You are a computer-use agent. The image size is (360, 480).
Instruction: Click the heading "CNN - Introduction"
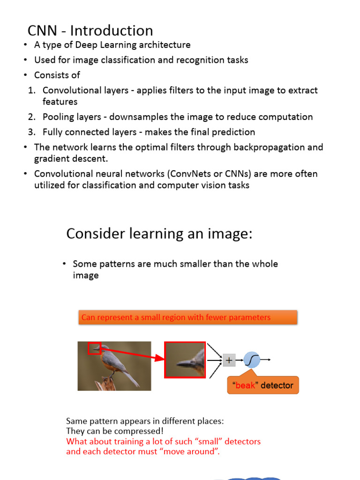[x=90, y=30]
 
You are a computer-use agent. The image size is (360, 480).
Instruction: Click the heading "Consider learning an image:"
[x=159, y=233]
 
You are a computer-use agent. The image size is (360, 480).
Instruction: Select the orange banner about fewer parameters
[x=187, y=317]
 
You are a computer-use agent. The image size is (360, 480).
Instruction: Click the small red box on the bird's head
[x=94, y=348]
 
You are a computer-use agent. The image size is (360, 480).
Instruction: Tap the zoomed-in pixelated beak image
[x=184, y=360]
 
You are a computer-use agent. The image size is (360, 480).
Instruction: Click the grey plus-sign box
[x=229, y=360]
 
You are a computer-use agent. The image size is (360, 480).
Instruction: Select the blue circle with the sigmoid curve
[x=252, y=360]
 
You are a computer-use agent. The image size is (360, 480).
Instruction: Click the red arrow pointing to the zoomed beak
[x=136, y=355]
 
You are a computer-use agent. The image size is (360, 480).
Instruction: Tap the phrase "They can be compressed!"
[x=115, y=431]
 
